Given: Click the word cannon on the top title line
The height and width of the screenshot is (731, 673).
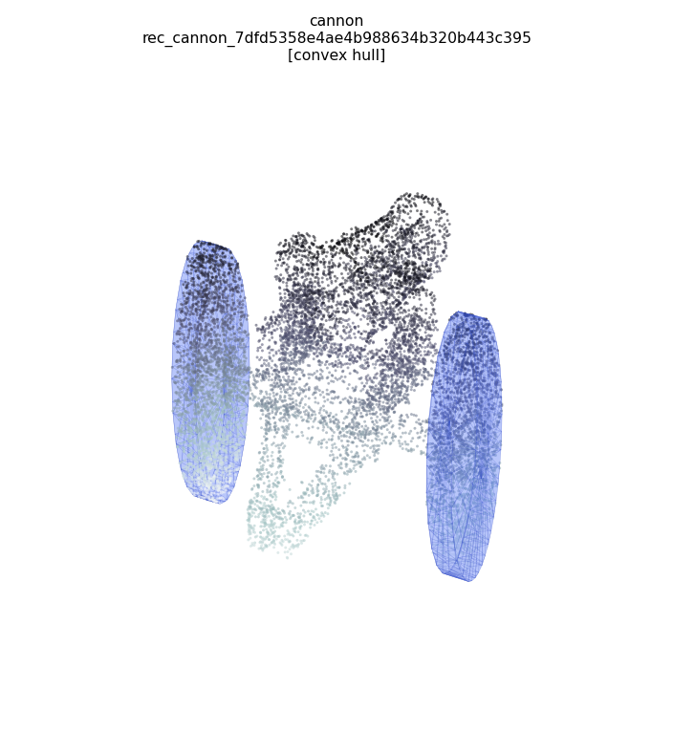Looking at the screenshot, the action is pyautogui.click(x=336, y=21).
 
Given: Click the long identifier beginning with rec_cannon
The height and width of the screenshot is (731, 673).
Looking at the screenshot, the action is pyautogui.click(x=336, y=38).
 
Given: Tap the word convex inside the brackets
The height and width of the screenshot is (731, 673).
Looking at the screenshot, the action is pyautogui.click(x=323, y=55).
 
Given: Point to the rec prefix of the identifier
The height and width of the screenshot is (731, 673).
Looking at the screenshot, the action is pyautogui.click(x=153, y=38).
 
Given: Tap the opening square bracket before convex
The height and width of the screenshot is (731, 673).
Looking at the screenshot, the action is pyautogui.click(x=290, y=55).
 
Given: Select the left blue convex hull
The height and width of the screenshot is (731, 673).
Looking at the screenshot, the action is pyautogui.click(x=210, y=372).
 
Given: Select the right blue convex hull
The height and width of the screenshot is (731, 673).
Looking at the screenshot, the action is pyautogui.click(x=465, y=446).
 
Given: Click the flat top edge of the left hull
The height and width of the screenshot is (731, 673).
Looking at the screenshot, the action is pyautogui.click(x=213, y=244).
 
